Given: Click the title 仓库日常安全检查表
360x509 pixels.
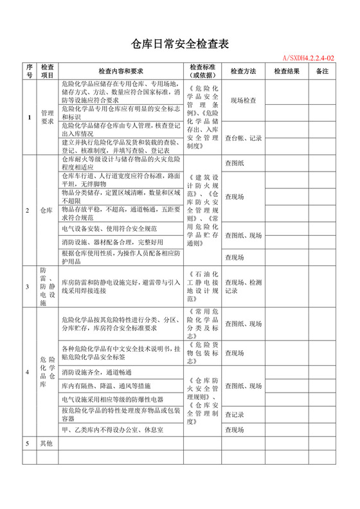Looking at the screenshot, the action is click(180, 43).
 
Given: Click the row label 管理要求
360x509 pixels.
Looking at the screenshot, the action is click(47, 116).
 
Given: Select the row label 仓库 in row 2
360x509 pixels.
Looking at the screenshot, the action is click(47, 210).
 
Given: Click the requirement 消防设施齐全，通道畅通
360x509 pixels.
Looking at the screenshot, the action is click(96, 373).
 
